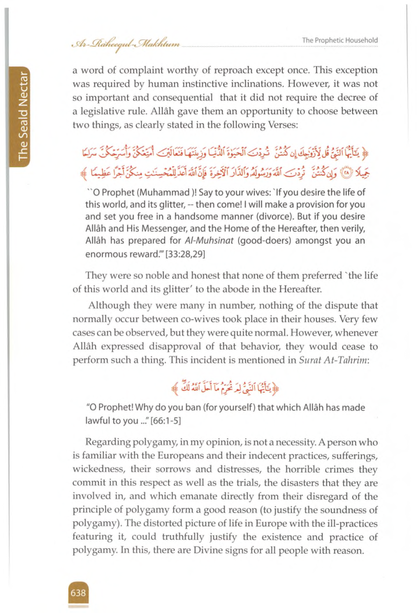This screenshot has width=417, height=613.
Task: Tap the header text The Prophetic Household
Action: pos(340,40)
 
